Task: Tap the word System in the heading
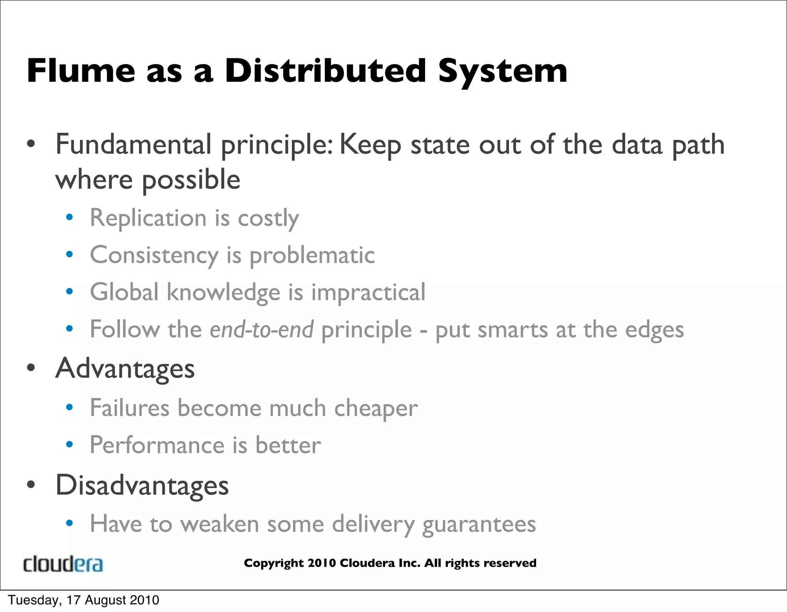[x=502, y=71]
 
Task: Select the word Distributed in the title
[x=325, y=71]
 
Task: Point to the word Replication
[x=148, y=218]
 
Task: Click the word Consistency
[x=154, y=255]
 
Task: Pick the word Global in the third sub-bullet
[x=124, y=292]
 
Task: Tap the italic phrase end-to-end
[x=261, y=330]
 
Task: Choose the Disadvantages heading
[x=142, y=485]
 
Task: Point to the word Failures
[x=130, y=408]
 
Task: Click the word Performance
[x=157, y=445]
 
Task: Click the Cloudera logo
[x=63, y=564]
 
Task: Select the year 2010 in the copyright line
[x=322, y=563]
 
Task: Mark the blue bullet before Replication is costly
[x=70, y=217]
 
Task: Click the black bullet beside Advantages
[x=31, y=368]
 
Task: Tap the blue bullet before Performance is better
[x=70, y=444]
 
